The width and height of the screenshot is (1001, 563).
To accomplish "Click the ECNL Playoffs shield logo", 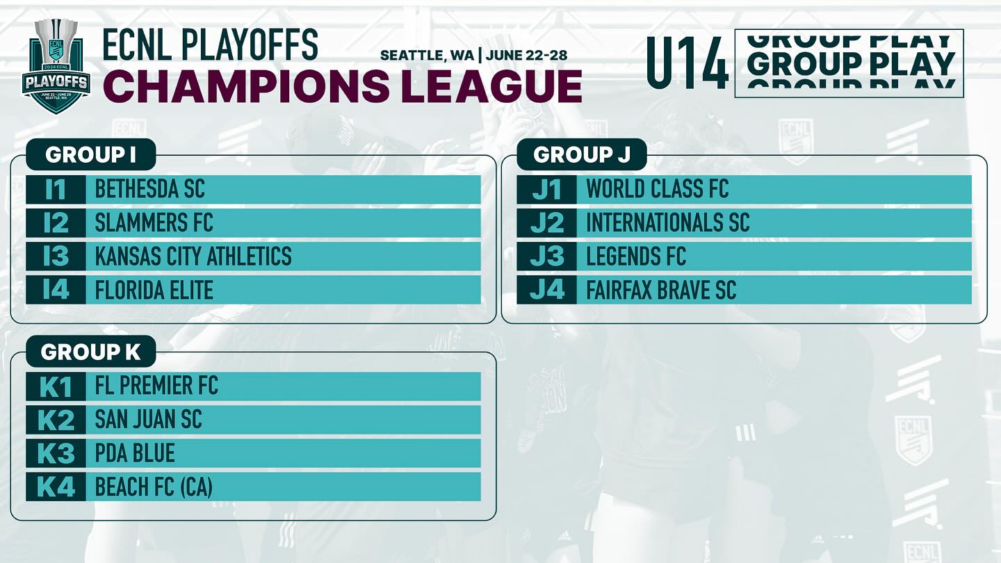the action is click(56, 65).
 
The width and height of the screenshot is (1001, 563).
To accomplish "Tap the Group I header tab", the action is click(90, 154).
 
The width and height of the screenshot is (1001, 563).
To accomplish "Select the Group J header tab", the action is click(582, 154).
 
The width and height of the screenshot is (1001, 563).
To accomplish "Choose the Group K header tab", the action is click(90, 352).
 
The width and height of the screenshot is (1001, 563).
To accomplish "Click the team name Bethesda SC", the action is click(149, 189).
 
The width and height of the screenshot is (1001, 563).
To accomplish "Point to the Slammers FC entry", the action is click(154, 222).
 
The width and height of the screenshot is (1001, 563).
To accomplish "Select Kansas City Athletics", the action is click(193, 256).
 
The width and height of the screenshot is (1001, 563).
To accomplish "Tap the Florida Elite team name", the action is click(154, 290).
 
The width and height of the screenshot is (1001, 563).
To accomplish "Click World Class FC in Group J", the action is click(658, 189).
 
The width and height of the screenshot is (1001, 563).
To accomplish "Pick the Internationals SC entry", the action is click(667, 222).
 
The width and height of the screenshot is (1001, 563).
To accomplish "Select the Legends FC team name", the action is click(636, 256).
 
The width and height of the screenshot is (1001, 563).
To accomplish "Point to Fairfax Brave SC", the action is click(661, 290).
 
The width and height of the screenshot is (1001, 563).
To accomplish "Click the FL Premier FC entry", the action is click(156, 386).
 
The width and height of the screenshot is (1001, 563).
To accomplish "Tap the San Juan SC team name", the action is click(148, 420).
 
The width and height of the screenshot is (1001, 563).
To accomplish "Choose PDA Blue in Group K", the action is click(135, 453).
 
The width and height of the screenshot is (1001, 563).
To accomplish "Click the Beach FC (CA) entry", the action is click(154, 487).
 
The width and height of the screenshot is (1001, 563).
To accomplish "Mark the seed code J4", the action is click(547, 290).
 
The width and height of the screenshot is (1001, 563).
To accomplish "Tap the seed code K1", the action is click(56, 386).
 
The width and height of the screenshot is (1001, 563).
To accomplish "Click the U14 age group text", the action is click(687, 63).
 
